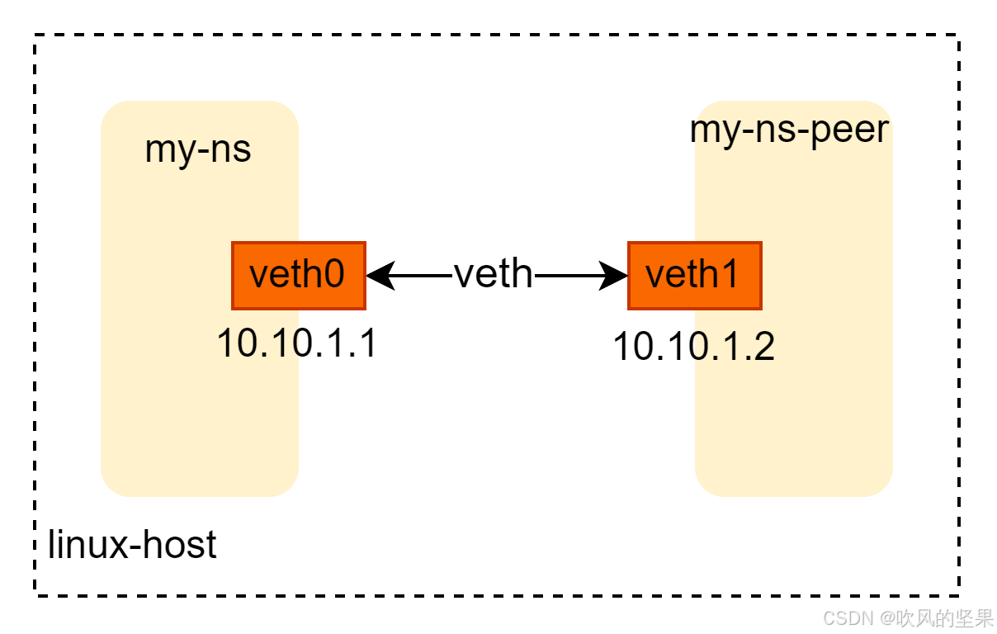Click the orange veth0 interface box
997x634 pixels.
(298, 276)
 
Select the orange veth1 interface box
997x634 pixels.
(694, 276)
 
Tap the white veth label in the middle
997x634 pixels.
(494, 272)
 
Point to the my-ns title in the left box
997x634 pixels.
(198, 150)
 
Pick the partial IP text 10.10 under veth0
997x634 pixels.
(260, 343)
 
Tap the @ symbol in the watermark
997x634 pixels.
(887, 617)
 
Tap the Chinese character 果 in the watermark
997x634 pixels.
(984, 617)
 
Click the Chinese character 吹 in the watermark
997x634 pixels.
(906, 617)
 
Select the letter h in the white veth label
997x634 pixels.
(521, 272)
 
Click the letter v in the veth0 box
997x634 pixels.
(258, 276)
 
